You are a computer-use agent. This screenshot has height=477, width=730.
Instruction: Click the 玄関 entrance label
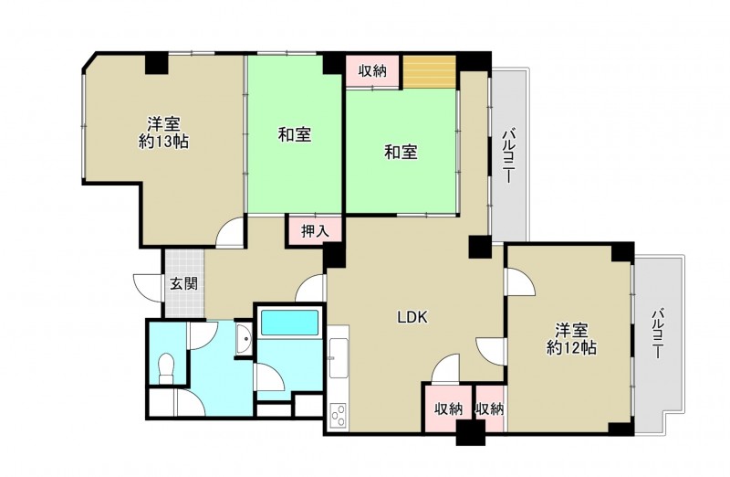[x=184, y=283]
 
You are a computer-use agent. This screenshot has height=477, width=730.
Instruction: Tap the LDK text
[x=412, y=317]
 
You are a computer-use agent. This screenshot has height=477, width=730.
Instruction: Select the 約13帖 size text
[x=163, y=142]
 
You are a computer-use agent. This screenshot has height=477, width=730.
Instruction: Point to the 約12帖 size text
[x=571, y=347]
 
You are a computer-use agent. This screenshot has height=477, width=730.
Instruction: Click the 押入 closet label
[x=315, y=231]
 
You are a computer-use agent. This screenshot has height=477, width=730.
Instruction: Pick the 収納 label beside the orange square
[x=372, y=71]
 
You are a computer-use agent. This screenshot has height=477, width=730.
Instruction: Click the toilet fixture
[x=166, y=368]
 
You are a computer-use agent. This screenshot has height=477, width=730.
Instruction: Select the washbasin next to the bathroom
[x=244, y=339]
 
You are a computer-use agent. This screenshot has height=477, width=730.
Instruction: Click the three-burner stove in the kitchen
[x=338, y=415]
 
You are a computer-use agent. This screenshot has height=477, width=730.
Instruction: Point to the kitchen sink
[x=338, y=357]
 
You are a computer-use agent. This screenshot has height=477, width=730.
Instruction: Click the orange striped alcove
[x=429, y=71]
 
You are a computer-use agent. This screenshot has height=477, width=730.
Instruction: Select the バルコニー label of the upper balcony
[x=508, y=156]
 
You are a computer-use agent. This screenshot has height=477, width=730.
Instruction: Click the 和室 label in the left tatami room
[x=295, y=134]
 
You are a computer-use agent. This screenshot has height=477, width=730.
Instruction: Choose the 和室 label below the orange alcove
[x=401, y=152]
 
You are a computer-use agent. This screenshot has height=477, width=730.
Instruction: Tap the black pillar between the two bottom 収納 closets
[x=470, y=432]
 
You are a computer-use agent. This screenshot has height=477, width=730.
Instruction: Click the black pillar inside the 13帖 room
[x=156, y=64]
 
